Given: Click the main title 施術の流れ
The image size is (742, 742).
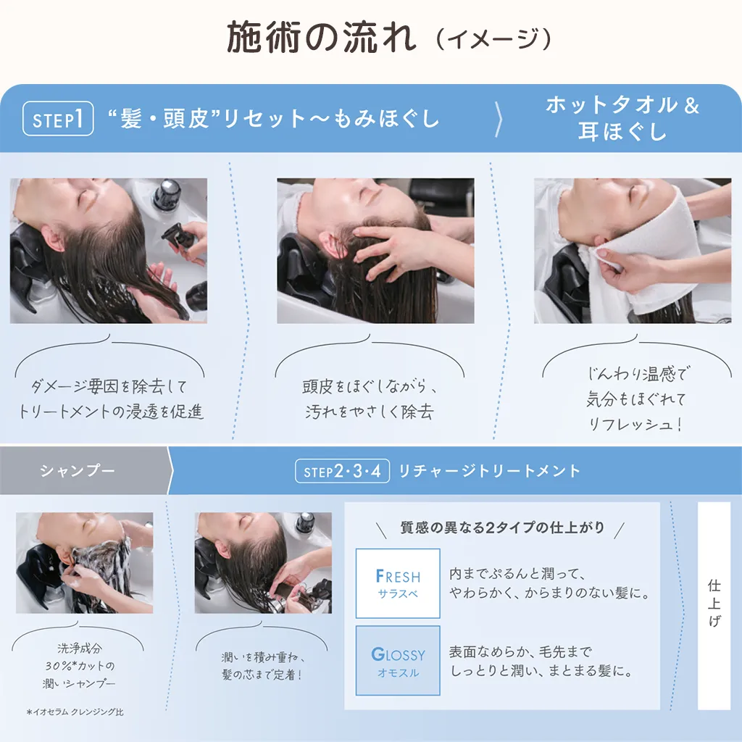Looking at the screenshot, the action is [322, 38].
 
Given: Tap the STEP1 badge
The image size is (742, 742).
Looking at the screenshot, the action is [58, 118].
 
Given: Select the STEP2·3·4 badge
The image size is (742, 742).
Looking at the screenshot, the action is [342, 471].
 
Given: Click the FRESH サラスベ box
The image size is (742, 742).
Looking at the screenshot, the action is [398, 583].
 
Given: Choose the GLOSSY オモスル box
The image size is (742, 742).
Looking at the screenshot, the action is [398, 661].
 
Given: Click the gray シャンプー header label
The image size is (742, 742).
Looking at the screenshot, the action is [78, 471].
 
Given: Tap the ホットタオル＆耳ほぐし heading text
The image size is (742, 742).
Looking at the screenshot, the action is [622, 118].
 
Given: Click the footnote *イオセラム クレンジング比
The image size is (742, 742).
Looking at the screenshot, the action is [75, 712].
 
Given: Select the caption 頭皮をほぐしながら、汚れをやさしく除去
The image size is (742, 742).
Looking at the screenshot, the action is [370, 399].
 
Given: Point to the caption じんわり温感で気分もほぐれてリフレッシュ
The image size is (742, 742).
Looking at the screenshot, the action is [636, 399].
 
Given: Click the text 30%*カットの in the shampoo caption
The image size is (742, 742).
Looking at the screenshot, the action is [80, 666].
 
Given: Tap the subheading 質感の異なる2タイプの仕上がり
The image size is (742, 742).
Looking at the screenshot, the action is [502, 528].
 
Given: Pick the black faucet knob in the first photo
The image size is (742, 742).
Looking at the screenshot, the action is [167, 194].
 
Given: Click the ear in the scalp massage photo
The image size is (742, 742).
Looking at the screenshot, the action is [330, 241].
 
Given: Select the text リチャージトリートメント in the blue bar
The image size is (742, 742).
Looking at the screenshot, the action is [489, 471].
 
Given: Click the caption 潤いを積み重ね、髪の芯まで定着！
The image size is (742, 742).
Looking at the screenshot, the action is [262, 666].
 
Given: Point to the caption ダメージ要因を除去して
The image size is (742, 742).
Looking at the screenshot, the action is [109, 387].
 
